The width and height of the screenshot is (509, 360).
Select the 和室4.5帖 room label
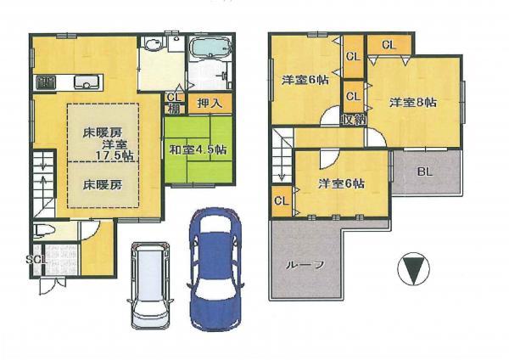coord(197,149)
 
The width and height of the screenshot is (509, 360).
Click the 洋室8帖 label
coord(413,103)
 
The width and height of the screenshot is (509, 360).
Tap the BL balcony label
coord(425,170)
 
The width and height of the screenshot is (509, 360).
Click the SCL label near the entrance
coord(35,258)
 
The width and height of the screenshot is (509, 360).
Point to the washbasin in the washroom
coord(154,46)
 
